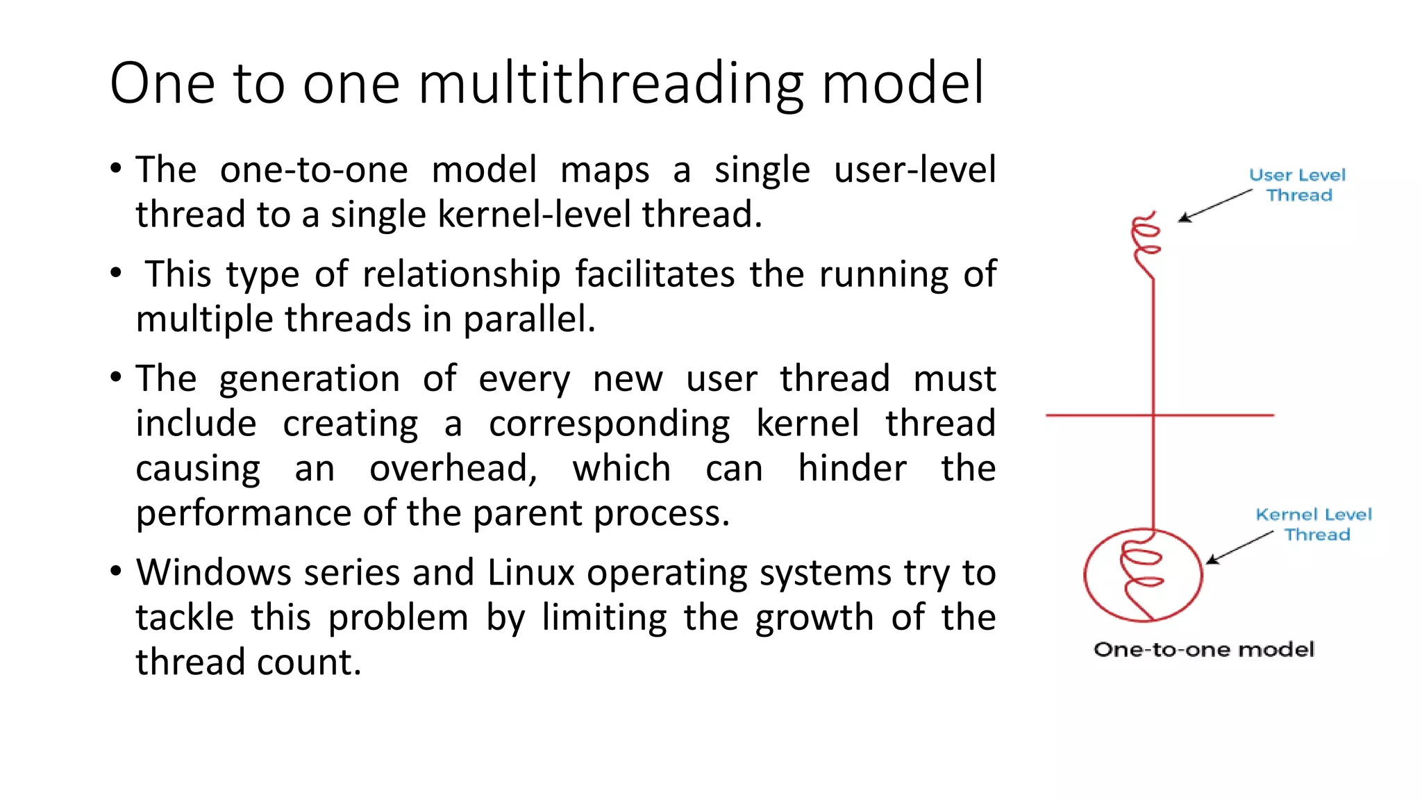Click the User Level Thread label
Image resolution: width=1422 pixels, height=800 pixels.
click(1297, 185)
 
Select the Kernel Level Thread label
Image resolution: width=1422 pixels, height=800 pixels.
click(1314, 524)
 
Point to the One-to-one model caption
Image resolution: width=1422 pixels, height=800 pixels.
click(1203, 649)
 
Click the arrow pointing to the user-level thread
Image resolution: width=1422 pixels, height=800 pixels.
click(1214, 206)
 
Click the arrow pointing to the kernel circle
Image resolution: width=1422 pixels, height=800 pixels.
click(1239, 547)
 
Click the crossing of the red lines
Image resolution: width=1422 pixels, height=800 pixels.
click(1153, 415)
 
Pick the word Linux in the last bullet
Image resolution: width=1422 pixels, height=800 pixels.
click(531, 574)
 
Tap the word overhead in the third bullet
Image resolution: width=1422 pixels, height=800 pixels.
click(453, 469)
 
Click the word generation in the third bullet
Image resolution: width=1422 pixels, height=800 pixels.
click(309, 380)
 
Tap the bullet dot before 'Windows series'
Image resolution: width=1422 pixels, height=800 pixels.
click(116, 572)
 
